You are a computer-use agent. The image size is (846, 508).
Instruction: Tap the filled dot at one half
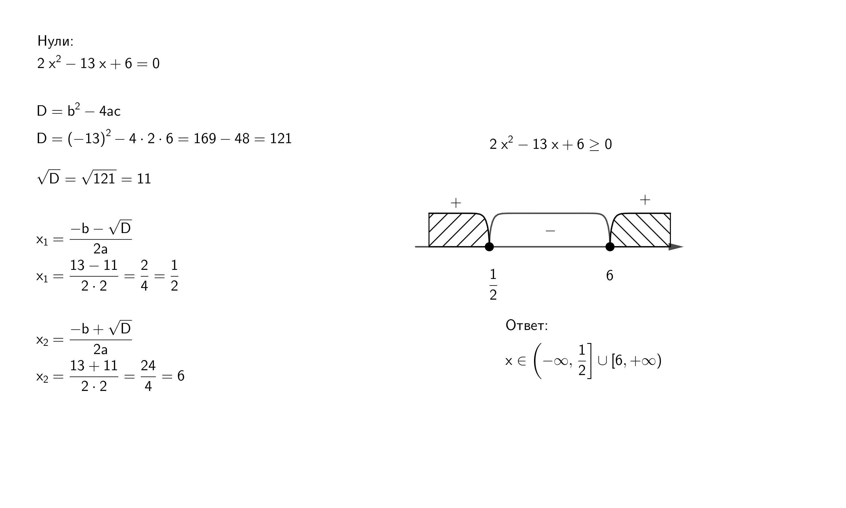coord(489,246)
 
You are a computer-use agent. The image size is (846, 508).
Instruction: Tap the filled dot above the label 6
coord(610,246)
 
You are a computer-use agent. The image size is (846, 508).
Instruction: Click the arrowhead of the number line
coord(676,246)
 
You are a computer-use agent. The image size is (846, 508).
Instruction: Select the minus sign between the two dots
coord(550,231)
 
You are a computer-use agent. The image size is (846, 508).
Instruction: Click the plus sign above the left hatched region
coord(456,203)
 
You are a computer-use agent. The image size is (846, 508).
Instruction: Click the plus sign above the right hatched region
coord(645,200)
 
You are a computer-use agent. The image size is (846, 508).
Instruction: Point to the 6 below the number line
coord(610,276)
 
